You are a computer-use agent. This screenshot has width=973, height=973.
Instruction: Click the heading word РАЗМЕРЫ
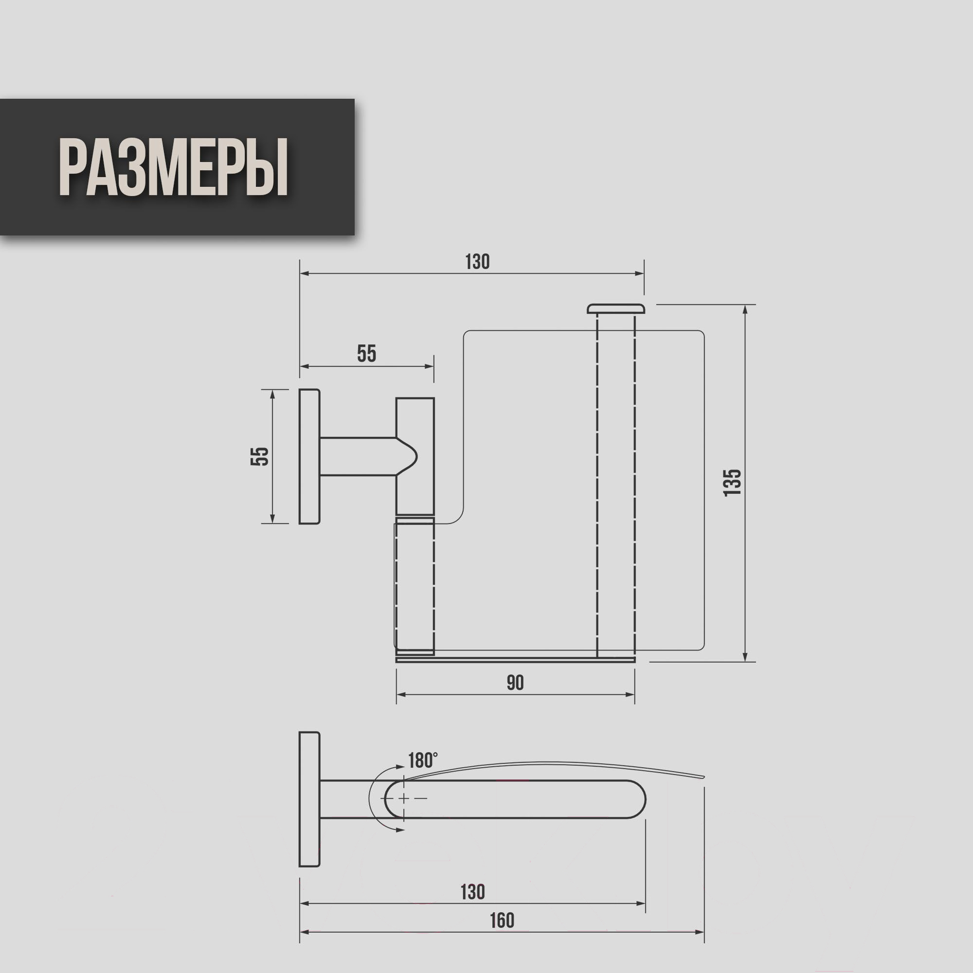[173, 167]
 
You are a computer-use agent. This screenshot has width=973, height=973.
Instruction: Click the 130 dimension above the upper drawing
[477, 262]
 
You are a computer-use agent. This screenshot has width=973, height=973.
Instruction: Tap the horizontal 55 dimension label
[367, 354]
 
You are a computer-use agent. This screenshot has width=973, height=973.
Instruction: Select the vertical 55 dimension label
[260, 456]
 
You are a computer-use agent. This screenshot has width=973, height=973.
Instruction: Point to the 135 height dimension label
[732, 483]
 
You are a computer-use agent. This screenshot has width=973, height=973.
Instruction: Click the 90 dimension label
[515, 683]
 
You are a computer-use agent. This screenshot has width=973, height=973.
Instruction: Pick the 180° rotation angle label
[423, 760]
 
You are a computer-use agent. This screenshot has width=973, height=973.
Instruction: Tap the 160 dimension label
[502, 920]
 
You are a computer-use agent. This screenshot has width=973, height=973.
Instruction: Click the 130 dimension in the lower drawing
[472, 891]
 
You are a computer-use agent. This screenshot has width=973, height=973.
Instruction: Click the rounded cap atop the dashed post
[616, 308]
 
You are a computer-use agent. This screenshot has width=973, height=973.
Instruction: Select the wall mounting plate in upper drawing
[309, 456]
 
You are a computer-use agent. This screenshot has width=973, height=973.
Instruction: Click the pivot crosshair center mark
[404, 798]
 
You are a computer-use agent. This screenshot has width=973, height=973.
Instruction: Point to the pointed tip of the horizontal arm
[417, 456]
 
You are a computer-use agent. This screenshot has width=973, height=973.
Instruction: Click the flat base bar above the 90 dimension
[515, 659]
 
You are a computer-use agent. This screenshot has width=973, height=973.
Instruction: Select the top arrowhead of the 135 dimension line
[746, 309]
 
